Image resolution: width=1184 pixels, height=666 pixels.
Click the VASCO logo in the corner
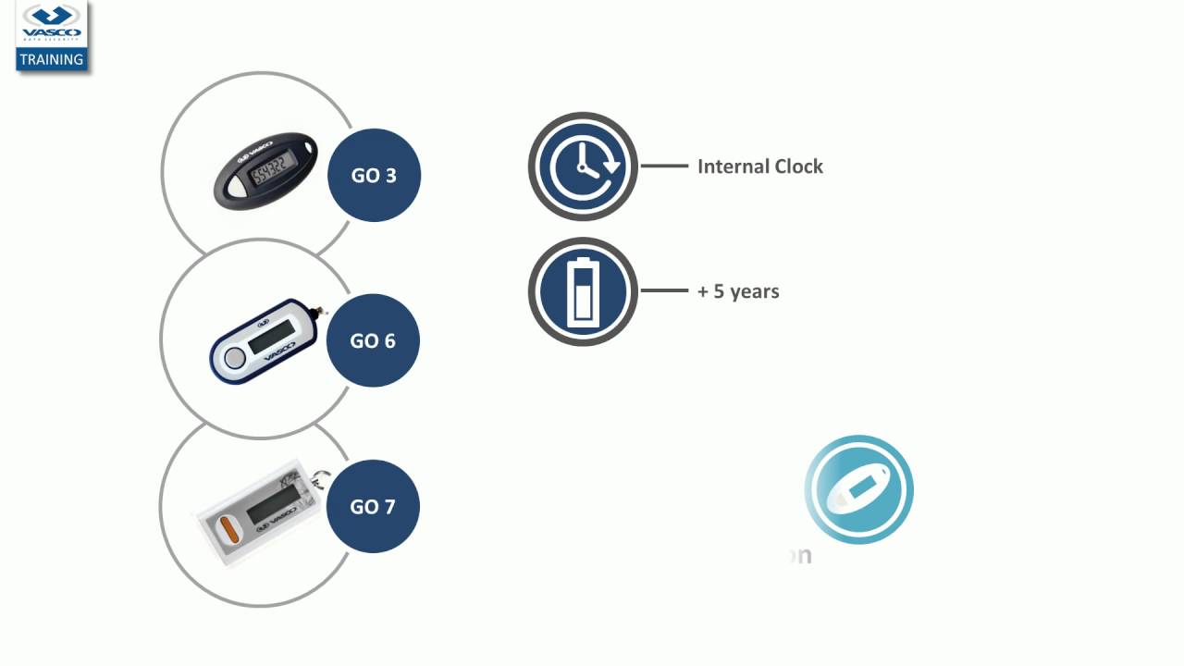52,25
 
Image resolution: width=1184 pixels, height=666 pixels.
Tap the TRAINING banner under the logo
52,59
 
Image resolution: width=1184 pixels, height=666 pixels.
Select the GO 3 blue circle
374,176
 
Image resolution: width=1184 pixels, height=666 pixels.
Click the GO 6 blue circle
373,341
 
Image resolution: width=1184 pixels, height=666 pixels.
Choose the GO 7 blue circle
373,507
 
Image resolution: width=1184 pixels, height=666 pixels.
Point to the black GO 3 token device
265,170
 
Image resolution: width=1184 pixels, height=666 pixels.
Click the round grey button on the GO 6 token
235,358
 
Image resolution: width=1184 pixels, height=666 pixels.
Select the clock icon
583,166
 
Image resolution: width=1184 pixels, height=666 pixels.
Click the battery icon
583,291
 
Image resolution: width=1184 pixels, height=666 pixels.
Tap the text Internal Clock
759,166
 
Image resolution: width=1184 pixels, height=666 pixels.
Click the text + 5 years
738,291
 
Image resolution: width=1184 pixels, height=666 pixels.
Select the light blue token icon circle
858,489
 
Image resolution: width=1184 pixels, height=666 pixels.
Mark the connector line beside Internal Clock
664,166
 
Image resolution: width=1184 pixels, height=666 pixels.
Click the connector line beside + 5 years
664,291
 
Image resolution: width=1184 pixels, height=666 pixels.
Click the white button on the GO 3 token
237,188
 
